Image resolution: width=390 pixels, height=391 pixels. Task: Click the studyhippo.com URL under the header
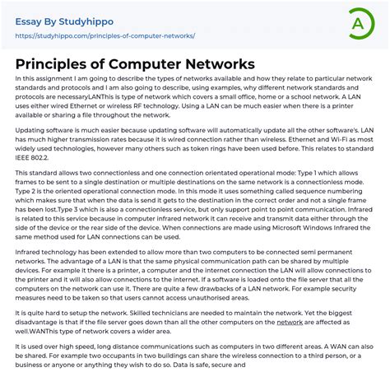(105, 35)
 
